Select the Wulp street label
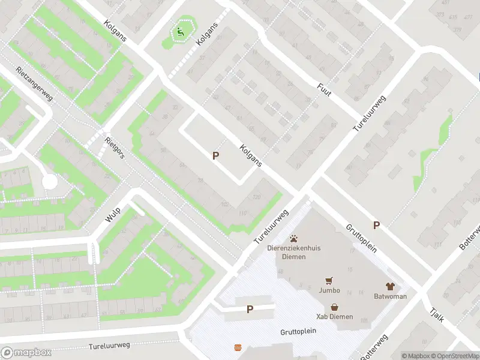click(113, 215)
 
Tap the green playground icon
click(179, 32)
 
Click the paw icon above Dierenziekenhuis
click(294, 238)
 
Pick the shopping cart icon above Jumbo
click(329, 280)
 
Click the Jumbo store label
click(329, 290)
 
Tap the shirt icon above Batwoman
click(390, 286)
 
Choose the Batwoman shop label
click(390, 296)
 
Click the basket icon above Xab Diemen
click(334, 307)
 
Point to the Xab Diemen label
click(334, 317)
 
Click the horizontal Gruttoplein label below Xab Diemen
click(297, 332)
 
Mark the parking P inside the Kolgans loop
click(215, 155)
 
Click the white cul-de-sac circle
click(50, 181)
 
